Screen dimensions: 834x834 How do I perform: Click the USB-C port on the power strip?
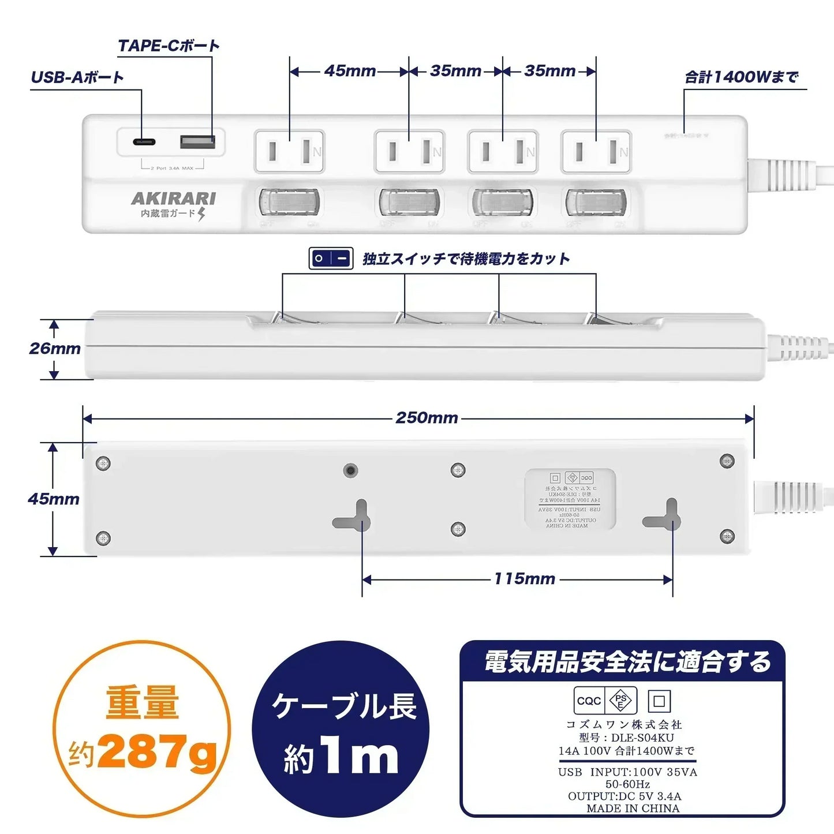point(143,141)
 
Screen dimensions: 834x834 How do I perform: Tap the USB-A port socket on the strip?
point(197,141)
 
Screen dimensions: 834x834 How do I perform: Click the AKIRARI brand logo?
point(173,199)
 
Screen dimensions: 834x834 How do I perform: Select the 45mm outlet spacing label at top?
point(350,71)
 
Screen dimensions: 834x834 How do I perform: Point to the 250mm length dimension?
point(427,418)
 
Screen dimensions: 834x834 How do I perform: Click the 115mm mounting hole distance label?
point(524,579)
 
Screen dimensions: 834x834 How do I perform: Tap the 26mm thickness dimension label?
point(55,349)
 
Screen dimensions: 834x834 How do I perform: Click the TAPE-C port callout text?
point(169,46)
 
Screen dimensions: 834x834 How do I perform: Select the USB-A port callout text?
point(77,77)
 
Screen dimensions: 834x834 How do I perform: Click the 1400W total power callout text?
point(742,77)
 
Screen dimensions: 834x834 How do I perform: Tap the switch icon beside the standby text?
point(331,259)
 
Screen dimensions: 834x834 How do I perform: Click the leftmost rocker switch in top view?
point(289,202)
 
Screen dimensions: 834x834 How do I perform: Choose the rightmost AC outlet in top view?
point(596,152)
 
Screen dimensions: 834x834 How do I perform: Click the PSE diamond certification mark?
point(621,701)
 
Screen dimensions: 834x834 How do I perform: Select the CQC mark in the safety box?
point(589,701)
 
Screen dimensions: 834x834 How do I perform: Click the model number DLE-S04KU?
point(626,738)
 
